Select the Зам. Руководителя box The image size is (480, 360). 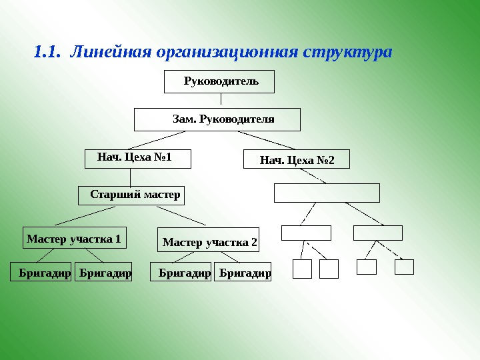click(217, 119)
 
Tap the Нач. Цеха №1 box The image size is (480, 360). click(138, 158)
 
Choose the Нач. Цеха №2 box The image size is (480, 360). click(296, 160)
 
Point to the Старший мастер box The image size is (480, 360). click(131, 195)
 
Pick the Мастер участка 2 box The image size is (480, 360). click(209, 241)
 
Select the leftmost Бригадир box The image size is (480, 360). click(42, 272)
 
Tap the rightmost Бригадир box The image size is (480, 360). click(243, 273)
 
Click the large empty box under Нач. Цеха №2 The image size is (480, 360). click(327, 193)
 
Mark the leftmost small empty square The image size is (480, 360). click(303, 269)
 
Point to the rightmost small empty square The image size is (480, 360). click(404, 267)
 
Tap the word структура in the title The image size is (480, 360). click(347, 51)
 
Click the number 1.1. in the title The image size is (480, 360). click(47, 51)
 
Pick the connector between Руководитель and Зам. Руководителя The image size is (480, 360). click(221, 99)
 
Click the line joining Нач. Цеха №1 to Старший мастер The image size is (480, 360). click(130, 177)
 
